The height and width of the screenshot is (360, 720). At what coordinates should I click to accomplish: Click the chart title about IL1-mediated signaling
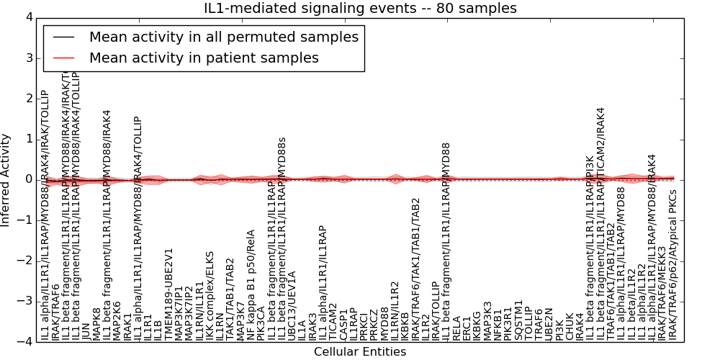point(360,9)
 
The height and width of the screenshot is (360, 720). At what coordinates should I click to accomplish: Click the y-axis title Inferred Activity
point(6,179)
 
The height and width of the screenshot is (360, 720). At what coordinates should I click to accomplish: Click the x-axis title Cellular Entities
point(360,352)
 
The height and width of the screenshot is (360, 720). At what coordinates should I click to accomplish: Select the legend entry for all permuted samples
point(223,37)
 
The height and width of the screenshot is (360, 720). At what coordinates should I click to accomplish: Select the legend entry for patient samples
point(204,58)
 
